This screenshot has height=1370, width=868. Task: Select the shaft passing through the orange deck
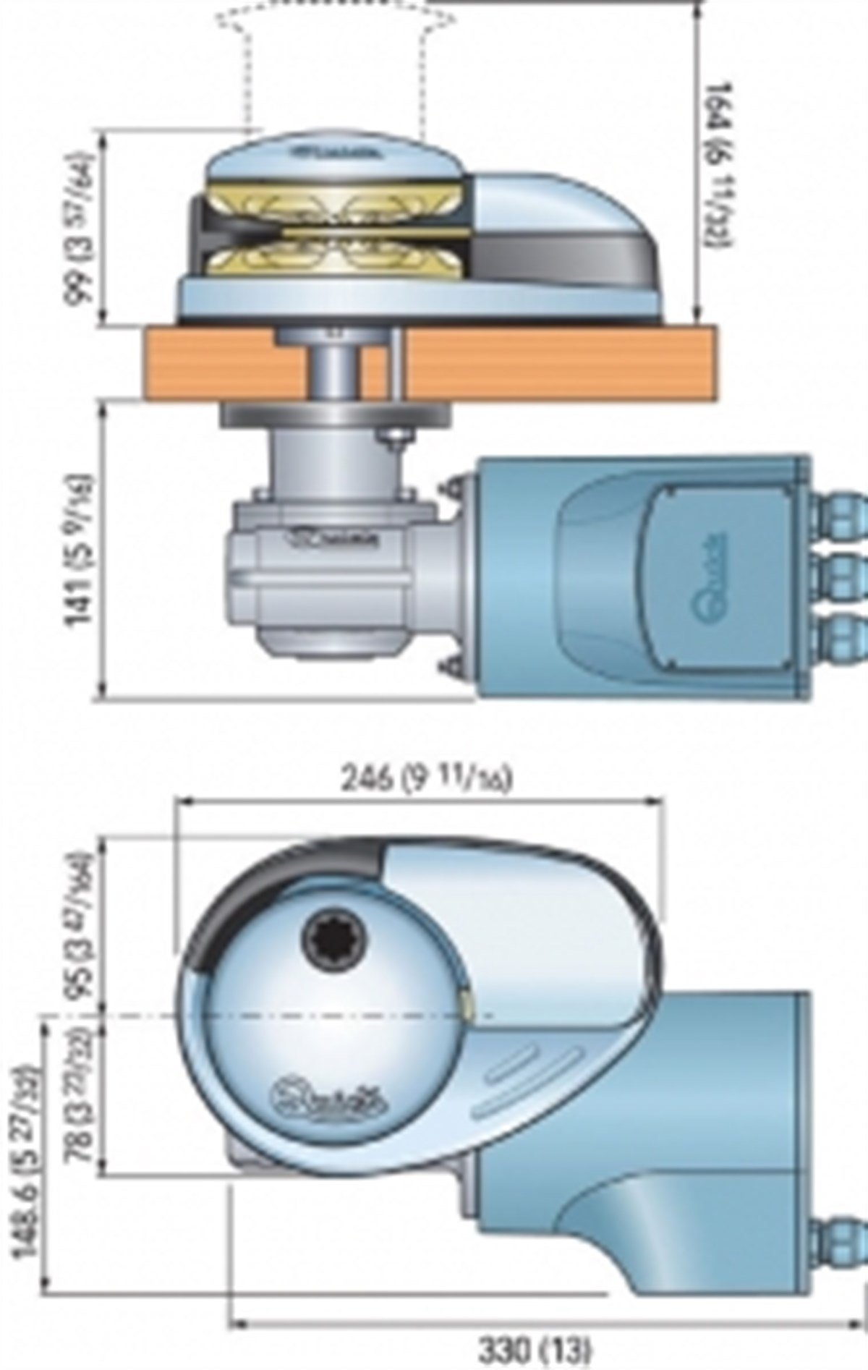337,369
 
